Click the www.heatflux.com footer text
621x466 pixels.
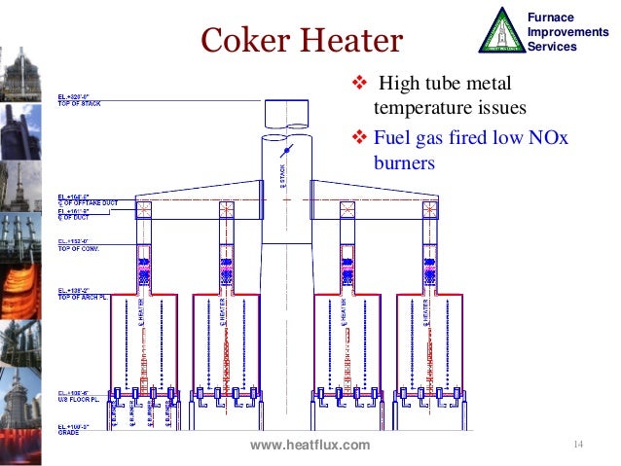coord(310,446)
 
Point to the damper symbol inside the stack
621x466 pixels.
coord(284,153)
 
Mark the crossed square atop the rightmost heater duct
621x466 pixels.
coord(428,208)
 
